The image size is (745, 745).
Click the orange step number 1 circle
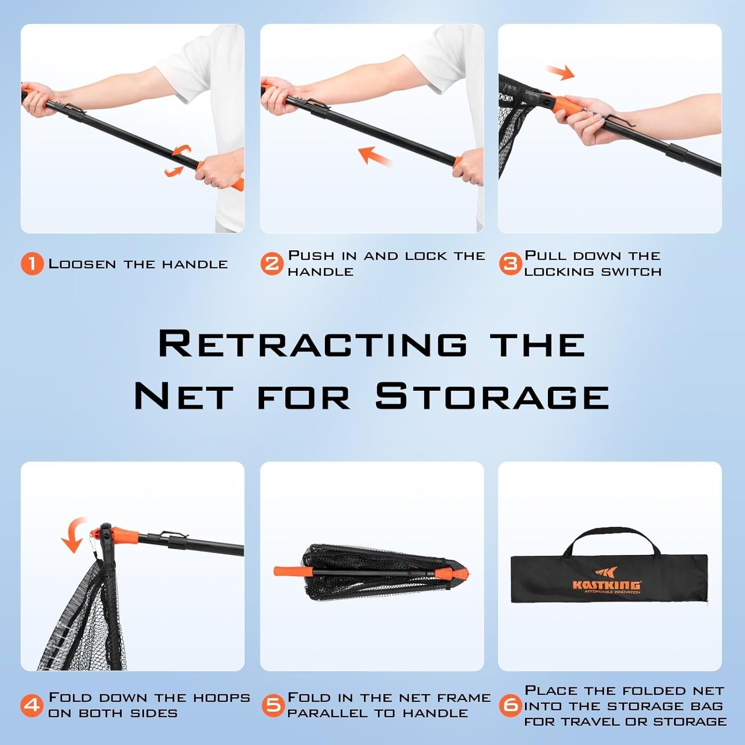[x=32, y=264]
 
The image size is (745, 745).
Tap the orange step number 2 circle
[x=272, y=264]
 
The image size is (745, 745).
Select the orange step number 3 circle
[x=510, y=264]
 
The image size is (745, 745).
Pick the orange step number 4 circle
[x=32, y=705]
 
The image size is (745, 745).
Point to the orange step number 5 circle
[x=273, y=705]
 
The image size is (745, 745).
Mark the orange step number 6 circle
[x=511, y=705]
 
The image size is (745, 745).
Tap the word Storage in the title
[x=492, y=396]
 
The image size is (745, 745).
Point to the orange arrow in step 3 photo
[x=560, y=73]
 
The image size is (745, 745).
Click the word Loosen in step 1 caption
[x=82, y=264]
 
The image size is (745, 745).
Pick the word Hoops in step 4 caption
[x=221, y=698]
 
